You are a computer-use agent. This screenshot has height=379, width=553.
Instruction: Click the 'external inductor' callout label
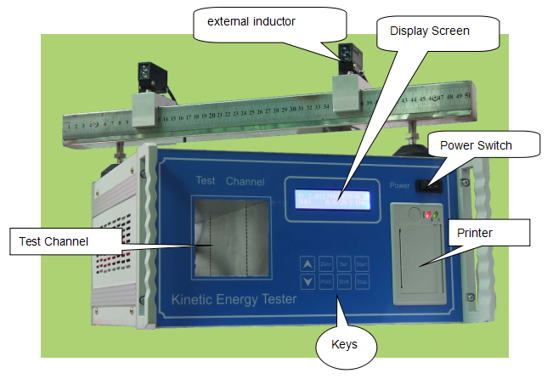click(x=245, y=21)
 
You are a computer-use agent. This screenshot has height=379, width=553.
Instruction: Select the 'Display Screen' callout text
click(x=429, y=31)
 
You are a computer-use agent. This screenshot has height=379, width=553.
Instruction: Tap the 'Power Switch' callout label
click(x=476, y=145)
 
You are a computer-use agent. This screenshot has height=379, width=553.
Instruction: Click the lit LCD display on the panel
click(x=332, y=199)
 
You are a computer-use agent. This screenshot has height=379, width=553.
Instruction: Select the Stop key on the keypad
click(x=362, y=281)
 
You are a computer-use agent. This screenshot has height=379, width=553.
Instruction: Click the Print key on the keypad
click(x=325, y=281)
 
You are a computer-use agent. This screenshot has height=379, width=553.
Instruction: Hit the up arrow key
click(x=307, y=264)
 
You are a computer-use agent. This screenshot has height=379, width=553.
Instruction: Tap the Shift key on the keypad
click(x=344, y=281)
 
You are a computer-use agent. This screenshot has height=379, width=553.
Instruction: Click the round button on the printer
click(x=415, y=215)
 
